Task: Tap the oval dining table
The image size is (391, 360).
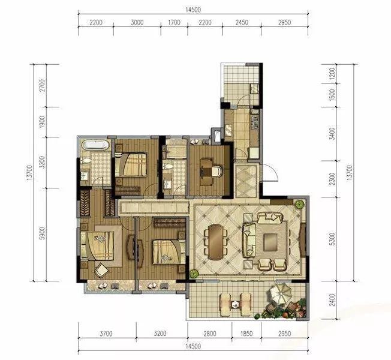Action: (215, 242)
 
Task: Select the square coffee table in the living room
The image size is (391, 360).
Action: (271, 242)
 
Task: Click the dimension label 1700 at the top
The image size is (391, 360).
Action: (174, 22)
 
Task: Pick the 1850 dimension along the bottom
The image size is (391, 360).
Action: (246, 334)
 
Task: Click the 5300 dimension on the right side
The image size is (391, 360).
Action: (332, 239)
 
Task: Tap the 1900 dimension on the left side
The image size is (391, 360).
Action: (43, 122)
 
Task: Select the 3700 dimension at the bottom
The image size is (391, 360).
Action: (106, 334)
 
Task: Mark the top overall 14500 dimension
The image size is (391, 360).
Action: (193, 10)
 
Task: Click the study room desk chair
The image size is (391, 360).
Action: (216, 171)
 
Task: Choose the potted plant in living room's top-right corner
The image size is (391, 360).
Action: (299, 205)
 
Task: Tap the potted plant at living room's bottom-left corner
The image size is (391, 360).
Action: (194, 274)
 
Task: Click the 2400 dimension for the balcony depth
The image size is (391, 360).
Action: (332, 300)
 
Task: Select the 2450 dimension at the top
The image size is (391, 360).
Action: (242, 22)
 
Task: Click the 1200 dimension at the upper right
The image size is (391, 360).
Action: (332, 73)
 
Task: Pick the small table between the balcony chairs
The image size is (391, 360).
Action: (234, 304)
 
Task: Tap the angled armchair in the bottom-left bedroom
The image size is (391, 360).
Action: (101, 270)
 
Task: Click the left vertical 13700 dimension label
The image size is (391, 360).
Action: (29, 172)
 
